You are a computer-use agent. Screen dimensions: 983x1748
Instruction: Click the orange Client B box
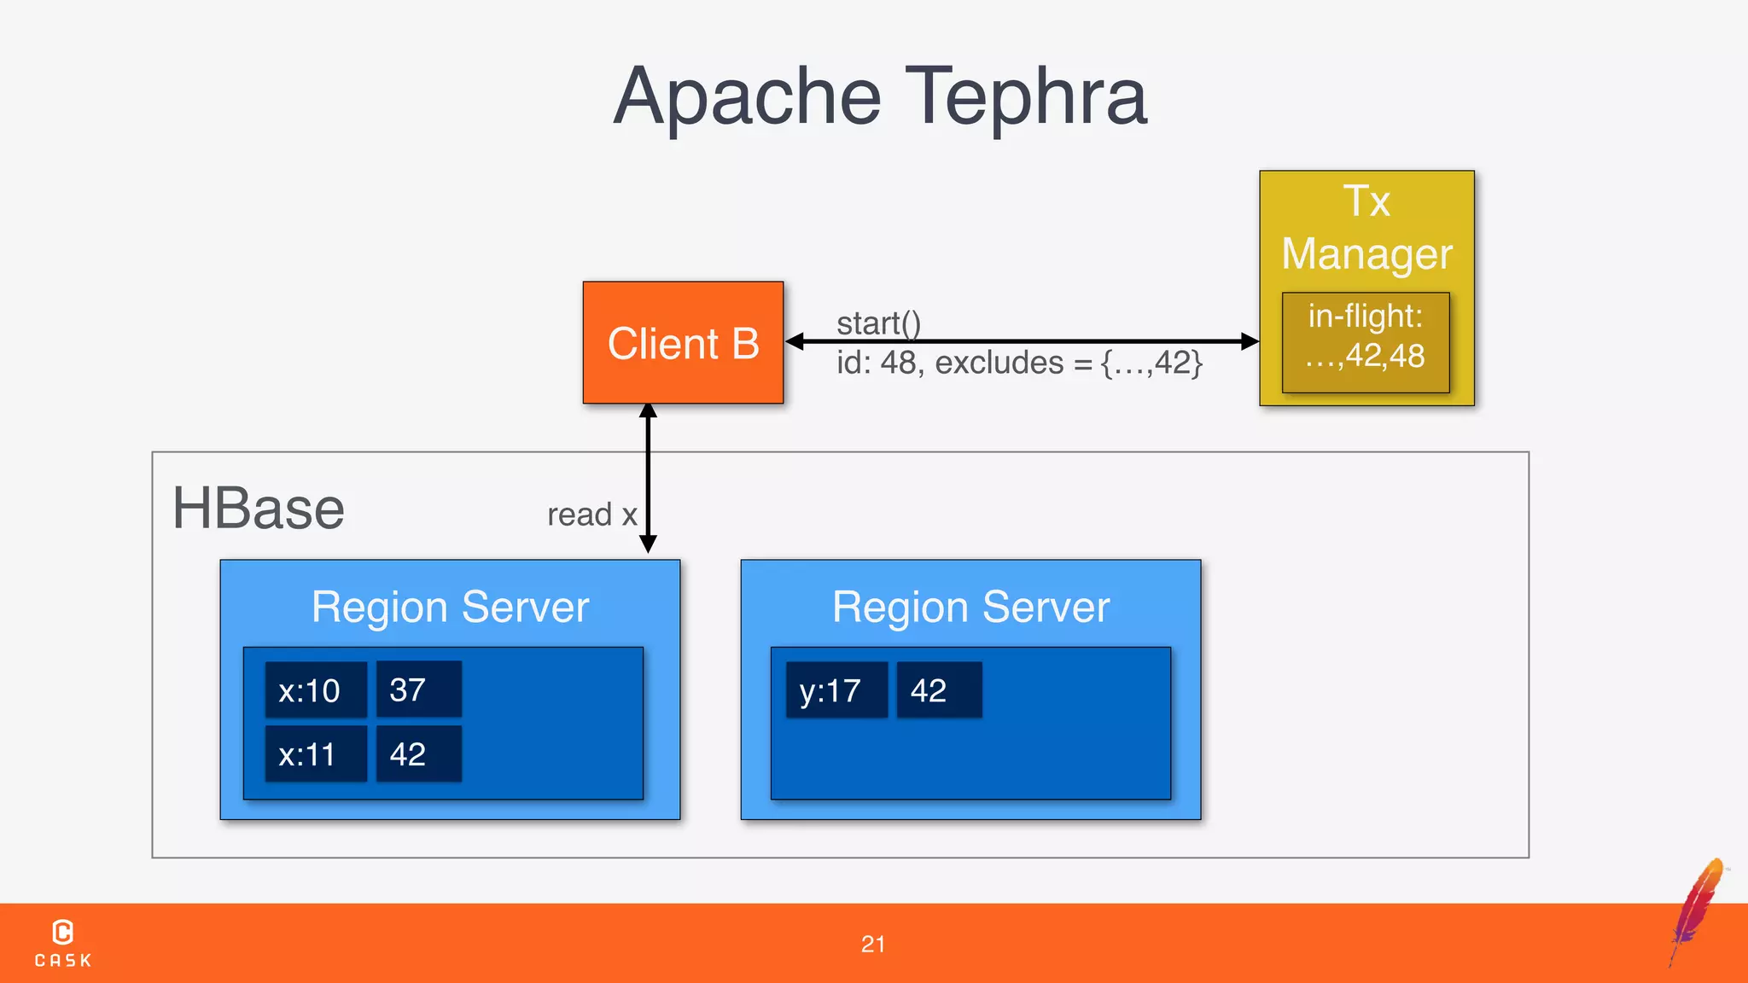tap(683, 342)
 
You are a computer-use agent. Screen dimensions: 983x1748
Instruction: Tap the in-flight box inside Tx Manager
tap(1366, 342)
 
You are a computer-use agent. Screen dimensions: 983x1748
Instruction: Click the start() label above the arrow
tap(878, 323)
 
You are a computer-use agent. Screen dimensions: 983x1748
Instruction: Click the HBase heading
tap(259, 509)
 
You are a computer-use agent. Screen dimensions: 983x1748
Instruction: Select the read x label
tap(591, 515)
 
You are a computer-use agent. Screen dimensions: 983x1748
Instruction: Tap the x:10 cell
tap(316, 689)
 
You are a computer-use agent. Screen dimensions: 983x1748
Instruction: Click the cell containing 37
tap(418, 689)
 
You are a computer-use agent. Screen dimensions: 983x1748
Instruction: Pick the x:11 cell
tap(316, 754)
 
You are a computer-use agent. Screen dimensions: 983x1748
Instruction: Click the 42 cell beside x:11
tap(418, 754)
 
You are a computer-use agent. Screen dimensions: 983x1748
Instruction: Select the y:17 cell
tap(836, 690)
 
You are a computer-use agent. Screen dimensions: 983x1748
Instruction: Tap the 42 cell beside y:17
tap(939, 690)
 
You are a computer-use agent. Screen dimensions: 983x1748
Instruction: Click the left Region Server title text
tap(450, 608)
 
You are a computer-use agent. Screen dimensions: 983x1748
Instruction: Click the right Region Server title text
tap(970, 608)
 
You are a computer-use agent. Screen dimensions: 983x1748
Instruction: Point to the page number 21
tap(873, 944)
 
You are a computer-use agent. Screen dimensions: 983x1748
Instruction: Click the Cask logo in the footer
tap(63, 942)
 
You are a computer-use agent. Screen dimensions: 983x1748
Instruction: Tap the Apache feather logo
tap(1698, 908)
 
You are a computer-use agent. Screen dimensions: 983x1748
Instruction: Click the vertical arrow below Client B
tap(648, 478)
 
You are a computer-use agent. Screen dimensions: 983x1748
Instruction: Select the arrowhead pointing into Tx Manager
tap(1250, 341)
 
